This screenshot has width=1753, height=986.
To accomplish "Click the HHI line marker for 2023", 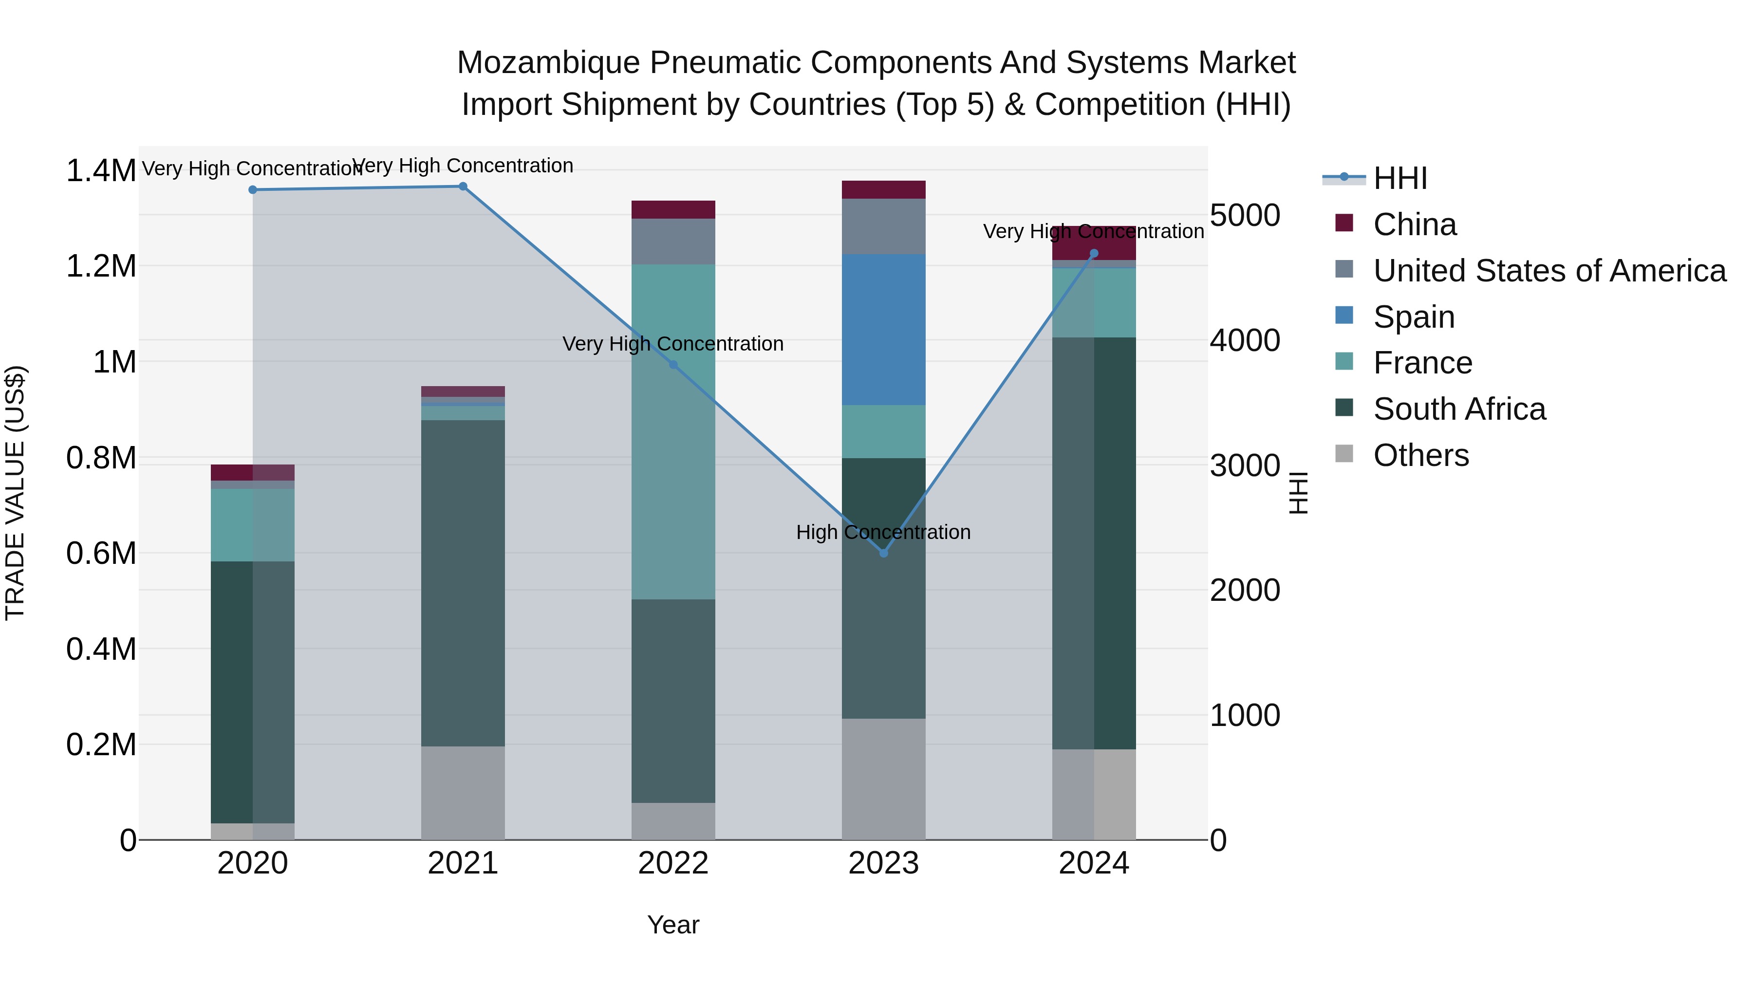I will click(883, 553).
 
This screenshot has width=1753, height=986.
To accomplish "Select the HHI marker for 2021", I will click(463, 186).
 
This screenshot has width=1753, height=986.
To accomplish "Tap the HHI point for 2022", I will click(673, 365).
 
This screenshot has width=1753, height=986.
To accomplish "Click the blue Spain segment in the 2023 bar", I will click(883, 330).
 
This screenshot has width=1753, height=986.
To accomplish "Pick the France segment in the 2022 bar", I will click(673, 432).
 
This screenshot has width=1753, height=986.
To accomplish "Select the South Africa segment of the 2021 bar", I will click(463, 583).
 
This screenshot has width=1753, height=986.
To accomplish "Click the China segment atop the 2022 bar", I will click(673, 209).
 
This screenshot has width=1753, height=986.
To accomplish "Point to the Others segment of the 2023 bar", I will click(883, 779).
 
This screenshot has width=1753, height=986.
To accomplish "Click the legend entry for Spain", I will click(1414, 317).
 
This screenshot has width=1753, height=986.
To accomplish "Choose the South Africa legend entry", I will click(1459, 409).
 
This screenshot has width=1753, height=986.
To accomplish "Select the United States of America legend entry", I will click(1549, 271).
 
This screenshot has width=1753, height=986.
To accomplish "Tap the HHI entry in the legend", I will click(1400, 178).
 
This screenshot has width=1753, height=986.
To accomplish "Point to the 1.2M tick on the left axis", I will click(101, 266).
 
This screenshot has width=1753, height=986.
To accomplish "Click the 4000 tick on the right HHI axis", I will click(1245, 340).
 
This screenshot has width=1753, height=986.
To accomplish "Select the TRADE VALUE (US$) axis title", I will click(15, 493).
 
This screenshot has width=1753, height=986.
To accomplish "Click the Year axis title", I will click(673, 925).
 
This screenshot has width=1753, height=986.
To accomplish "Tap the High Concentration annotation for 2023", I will click(883, 532).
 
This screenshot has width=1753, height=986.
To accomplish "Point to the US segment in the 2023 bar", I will click(883, 226).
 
